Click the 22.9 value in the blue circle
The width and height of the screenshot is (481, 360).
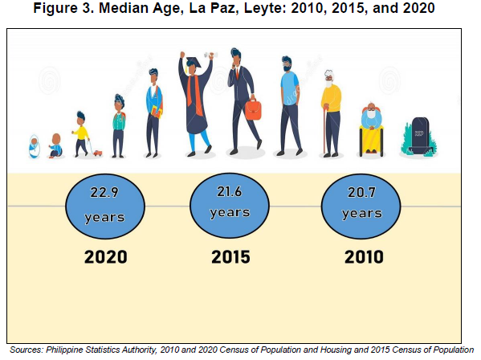tap(104, 192)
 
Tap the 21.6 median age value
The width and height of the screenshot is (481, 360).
tap(230, 192)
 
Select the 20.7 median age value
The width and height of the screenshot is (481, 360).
tap(361, 192)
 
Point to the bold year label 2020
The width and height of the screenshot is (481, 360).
tap(106, 257)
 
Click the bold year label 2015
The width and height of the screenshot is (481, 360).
tap(230, 257)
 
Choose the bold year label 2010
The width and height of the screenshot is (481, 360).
tap(364, 257)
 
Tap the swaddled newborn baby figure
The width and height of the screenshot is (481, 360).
tap(35, 146)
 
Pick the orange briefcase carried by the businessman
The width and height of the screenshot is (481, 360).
tap(253, 109)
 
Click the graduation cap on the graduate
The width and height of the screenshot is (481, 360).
tap(193, 63)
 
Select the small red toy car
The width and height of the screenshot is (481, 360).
tap(97, 153)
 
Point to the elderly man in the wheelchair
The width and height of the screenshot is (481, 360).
tap(372, 130)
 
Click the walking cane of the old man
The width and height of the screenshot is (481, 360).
tap(325, 129)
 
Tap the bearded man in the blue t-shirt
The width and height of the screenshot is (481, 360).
tap(289, 106)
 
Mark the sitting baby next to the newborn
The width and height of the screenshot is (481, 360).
tap(56, 145)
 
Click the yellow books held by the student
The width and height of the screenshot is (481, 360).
tap(156, 112)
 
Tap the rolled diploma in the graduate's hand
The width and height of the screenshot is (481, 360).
tap(211, 55)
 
